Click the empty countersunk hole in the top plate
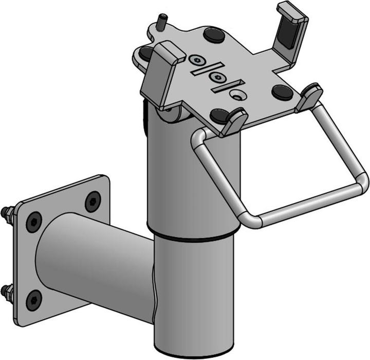[237, 94]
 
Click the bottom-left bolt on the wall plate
[34, 297]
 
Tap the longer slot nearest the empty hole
[226, 87]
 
